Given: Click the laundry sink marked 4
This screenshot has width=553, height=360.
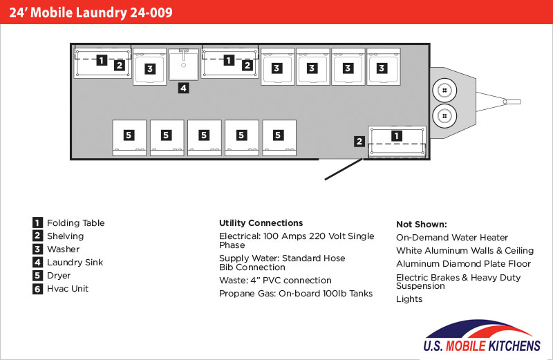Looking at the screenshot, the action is tap(183, 64).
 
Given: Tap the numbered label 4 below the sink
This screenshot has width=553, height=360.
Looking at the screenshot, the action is tap(183, 88).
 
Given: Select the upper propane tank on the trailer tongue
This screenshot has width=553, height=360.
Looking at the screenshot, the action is tap(444, 91).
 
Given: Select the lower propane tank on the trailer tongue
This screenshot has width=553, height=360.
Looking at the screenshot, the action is tap(444, 116).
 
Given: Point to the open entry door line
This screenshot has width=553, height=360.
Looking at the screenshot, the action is tap(344, 169).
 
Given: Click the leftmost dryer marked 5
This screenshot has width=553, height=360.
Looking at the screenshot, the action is tap(129, 138).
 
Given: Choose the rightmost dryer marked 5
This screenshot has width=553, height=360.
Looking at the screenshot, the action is tap(279, 138).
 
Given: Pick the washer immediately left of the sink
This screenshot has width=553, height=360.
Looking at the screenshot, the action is tap(149, 66).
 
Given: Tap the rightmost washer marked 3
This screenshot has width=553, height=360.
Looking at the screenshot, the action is tap(384, 66).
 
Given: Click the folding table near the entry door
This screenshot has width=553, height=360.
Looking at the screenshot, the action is tap(397, 142).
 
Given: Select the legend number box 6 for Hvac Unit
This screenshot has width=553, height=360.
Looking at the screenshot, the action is tap(37, 289).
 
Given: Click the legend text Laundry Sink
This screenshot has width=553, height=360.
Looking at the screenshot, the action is tap(75, 263).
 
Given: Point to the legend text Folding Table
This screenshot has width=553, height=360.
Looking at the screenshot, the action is tap(76, 223).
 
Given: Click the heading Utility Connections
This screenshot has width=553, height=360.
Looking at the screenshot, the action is tap(261, 222).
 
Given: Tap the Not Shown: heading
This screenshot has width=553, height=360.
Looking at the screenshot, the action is tap(422, 225).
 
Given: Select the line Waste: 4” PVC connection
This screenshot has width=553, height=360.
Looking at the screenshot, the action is tap(275, 281).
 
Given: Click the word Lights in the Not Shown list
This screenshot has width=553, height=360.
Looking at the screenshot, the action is tap(409, 299).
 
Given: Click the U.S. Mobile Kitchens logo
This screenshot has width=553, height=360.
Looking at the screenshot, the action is tap(482, 336).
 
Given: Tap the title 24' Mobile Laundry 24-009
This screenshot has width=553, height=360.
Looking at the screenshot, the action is tap(91, 12).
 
